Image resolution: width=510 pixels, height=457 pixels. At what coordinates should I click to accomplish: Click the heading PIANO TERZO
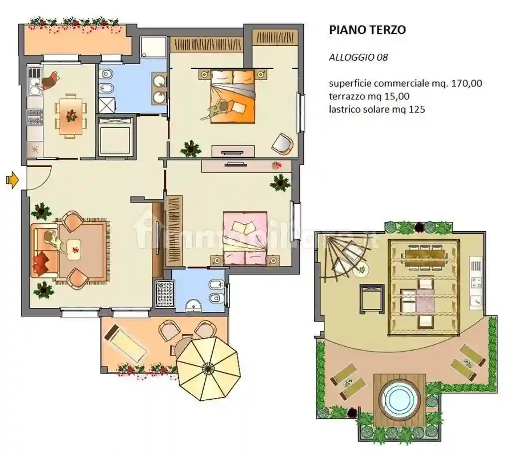point(367,30)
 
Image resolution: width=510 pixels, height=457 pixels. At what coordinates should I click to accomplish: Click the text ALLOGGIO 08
point(358,57)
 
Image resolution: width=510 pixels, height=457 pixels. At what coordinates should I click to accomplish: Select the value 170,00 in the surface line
point(466,84)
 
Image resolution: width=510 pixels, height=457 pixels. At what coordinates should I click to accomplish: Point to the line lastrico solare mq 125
point(377,109)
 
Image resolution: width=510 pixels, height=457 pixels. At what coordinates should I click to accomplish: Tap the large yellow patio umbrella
point(208,368)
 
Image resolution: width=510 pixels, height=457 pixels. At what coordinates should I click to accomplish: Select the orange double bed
point(233,96)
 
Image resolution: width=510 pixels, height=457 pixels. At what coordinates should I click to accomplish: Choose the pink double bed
point(245,237)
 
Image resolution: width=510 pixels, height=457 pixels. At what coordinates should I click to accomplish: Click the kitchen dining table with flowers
point(71,116)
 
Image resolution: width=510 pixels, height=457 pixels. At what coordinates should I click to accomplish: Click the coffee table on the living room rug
point(74,248)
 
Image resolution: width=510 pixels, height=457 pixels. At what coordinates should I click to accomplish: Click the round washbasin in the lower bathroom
point(192,306)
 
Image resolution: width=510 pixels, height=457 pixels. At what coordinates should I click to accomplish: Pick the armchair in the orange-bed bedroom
point(282,143)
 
